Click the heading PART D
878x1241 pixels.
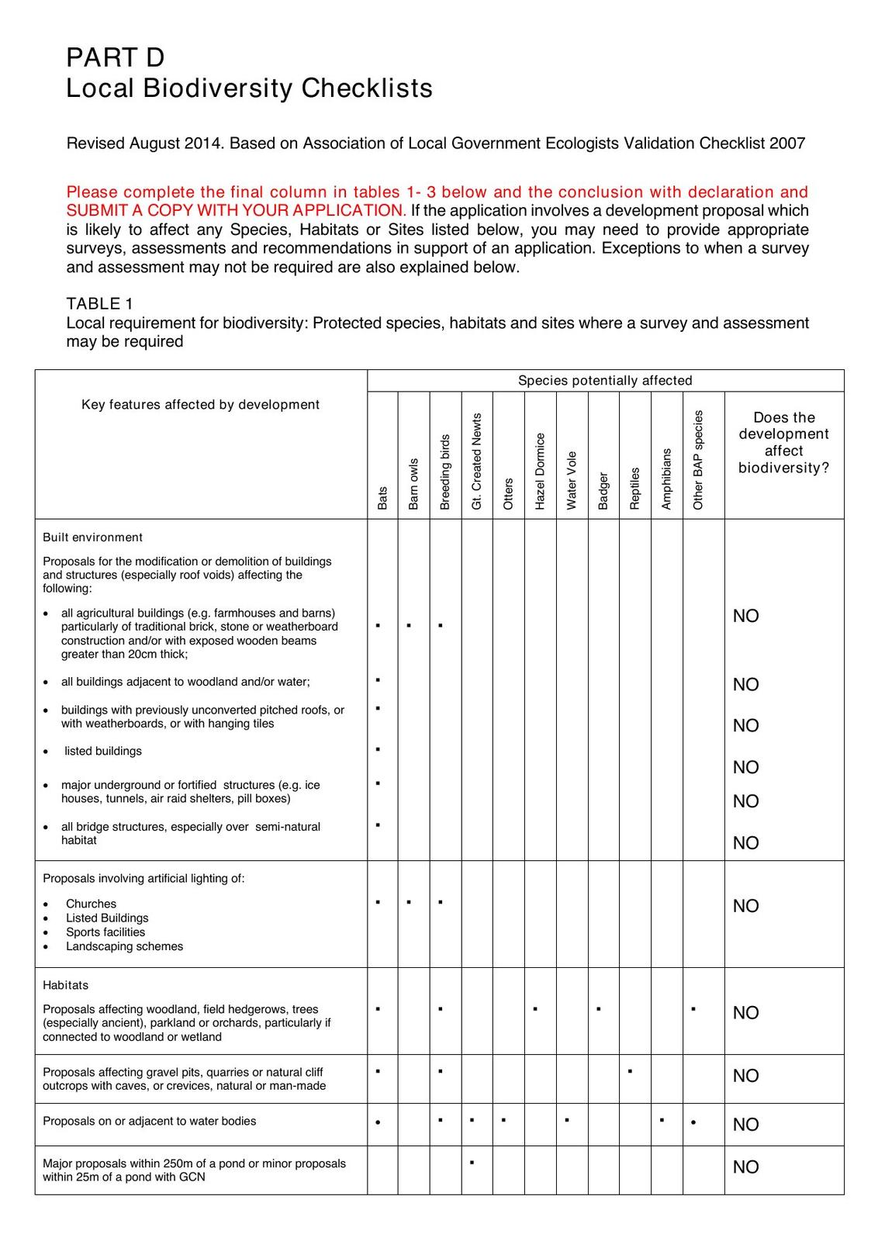(115, 57)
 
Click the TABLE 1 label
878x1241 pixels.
(99, 303)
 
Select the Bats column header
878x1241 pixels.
(382, 498)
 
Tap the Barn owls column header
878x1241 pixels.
(413, 483)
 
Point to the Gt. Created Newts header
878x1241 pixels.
(477, 461)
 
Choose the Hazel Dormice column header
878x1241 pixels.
(540, 471)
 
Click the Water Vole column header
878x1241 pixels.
(572, 480)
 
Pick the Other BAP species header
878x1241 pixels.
(698, 459)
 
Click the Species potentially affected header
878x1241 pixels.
(605, 380)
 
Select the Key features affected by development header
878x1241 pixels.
(200, 404)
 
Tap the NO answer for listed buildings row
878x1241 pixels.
(745, 767)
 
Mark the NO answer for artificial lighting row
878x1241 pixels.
(745, 906)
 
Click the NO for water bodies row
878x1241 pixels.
(745, 1125)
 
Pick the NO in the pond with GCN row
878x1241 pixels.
(745, 1167)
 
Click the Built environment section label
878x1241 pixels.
(92, 538)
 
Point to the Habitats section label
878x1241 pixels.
(65, 985)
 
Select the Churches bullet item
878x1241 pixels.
(91, 904)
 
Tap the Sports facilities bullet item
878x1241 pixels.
(105, 932)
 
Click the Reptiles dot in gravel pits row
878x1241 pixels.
(631, 1071)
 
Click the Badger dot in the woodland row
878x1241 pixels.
(599, 1009)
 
